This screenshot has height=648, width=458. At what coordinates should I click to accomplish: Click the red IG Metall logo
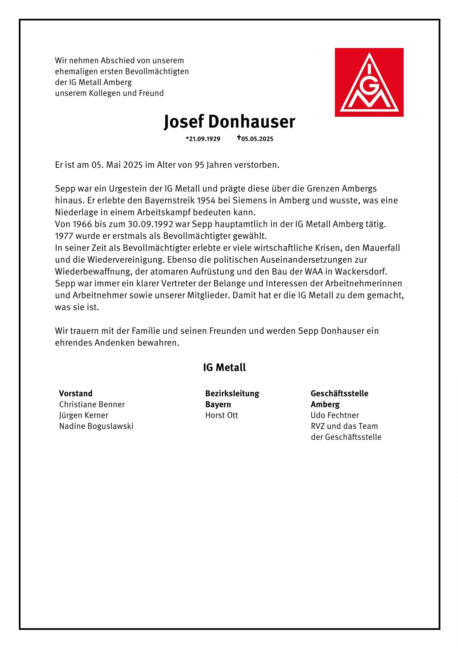369,82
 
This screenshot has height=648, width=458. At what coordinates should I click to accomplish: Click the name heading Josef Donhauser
229,122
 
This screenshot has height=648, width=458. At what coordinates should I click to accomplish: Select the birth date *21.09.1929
203,139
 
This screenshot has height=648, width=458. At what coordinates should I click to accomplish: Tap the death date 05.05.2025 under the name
257,139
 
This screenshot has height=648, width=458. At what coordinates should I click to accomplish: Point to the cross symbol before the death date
239,138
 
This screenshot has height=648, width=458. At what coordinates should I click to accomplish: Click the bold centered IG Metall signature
224,368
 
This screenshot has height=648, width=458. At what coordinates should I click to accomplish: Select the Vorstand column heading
76,393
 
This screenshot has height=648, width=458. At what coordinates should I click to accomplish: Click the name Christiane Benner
92,404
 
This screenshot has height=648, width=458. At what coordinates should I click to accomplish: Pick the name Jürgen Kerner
84,415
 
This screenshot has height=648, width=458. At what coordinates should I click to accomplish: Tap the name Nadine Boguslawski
96,426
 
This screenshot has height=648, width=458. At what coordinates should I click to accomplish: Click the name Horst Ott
221,415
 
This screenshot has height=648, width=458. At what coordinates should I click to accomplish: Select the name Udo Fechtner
335,415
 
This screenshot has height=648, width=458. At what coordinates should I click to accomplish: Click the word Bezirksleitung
232,393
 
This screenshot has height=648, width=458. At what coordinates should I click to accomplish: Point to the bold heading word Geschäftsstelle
339,393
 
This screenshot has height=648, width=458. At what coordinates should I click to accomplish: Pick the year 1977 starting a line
64,236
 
